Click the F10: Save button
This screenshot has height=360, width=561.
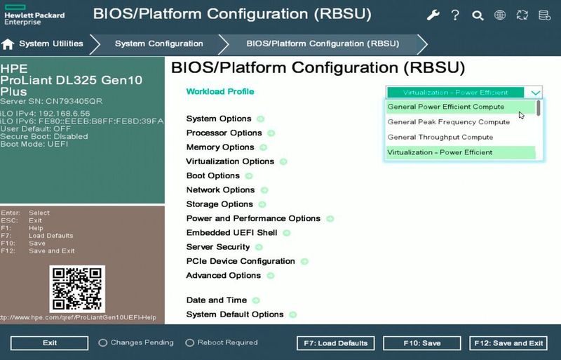(x=421, y=343)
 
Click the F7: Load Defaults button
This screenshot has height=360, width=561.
(x=333, y=343)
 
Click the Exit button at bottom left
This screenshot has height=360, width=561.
(x=49, y=343)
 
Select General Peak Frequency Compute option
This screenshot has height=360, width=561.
(x=449, y=122)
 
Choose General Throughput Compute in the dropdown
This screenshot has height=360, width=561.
(x=440, y=138)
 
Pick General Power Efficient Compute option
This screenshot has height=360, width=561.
(x=446, y=107)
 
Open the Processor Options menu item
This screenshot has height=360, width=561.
(x=224, y=133)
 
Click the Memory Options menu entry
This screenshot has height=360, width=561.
(x=220, y=147)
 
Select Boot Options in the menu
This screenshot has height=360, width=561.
(x=213, y=175)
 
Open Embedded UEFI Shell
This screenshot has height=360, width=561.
(x=231, y=232)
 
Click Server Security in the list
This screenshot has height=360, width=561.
(x=218, y=247)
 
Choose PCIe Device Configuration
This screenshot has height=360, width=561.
(x=241, y=261)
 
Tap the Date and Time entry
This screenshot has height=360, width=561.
(x=217, y=300)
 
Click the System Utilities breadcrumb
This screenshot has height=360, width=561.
(x=50, y=44)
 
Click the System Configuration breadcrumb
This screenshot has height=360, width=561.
(x=159, y=44)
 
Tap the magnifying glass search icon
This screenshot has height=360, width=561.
(x=478, y=15)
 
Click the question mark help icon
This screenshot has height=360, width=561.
(x=455, y=15)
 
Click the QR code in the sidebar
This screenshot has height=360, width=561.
(x=77, y=288)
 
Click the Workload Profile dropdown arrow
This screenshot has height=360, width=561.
(x=536, y=92)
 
